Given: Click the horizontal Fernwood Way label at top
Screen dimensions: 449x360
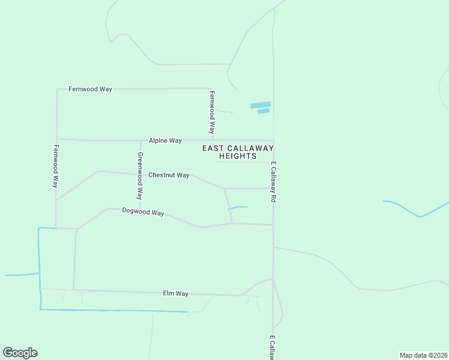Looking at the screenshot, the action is coord(90,89).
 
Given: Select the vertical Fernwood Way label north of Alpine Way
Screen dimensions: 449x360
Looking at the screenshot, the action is coord(212,112).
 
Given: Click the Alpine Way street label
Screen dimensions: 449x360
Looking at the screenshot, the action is coord(165,140).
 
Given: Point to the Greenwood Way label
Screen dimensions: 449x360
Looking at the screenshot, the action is coord(140,176).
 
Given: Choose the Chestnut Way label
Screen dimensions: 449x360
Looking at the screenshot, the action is coord(169,175).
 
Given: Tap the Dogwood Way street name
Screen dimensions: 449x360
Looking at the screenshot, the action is coord(143,212).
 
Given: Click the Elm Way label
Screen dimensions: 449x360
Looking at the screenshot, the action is coord(176,293).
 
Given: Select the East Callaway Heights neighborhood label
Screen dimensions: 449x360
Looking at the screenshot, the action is coord(238,152).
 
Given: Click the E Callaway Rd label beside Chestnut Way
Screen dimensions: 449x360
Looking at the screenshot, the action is coord(273,181).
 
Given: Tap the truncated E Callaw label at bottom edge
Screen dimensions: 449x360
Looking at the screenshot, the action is coord(271,347).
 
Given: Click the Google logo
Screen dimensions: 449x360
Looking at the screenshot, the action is coord(20,353).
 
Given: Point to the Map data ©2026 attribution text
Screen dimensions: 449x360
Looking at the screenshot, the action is coord(423,355).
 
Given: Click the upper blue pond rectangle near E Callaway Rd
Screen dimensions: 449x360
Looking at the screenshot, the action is coord(260,105).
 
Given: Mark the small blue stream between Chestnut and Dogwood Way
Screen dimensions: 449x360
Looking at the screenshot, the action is coord(238,208).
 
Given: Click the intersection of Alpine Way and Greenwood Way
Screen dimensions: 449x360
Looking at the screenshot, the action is coord(140,141).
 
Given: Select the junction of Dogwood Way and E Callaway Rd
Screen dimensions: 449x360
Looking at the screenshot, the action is coord(273,225).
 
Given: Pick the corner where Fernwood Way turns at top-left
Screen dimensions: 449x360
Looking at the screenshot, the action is coord(57,89).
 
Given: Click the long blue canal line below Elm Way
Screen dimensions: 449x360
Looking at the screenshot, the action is coord(114,310).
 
